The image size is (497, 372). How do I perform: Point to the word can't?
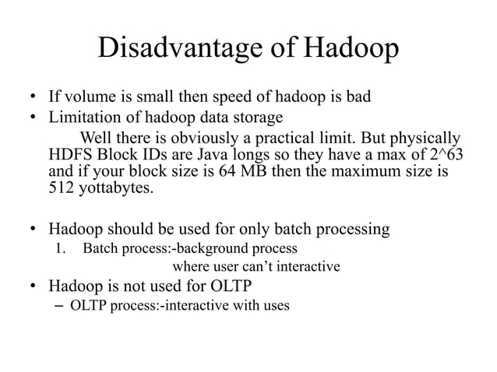259,267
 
